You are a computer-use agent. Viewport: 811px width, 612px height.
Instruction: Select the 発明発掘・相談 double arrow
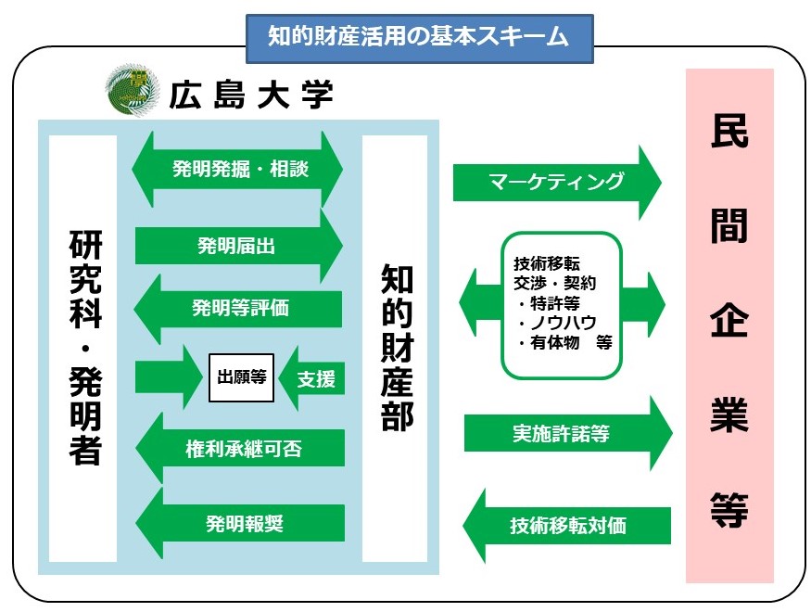[239, 170]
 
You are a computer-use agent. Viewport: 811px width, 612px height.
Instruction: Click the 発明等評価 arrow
[239, 308]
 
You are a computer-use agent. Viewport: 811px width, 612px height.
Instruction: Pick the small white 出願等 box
[242, 377]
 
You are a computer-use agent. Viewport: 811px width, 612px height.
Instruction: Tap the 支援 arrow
[313, 378]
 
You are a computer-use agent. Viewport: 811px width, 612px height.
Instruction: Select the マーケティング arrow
[556, 181]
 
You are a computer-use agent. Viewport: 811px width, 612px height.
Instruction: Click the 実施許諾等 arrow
[565, 433]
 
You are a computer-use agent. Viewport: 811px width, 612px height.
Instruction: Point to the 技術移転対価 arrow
[565, 526]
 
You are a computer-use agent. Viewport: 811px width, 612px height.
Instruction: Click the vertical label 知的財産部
[396, 348]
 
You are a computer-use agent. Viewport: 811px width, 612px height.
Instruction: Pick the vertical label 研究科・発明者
[83, 348]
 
